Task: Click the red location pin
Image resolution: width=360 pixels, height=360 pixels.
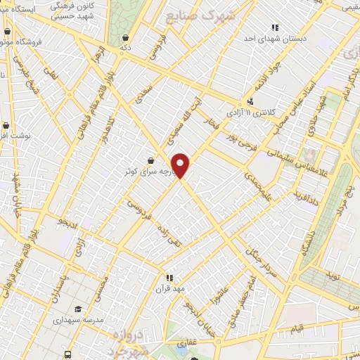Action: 181,165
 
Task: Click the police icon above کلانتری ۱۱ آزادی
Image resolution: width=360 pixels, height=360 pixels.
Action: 250,101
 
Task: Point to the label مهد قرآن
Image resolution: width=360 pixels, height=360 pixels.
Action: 169,288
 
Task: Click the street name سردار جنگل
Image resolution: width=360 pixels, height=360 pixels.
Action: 258,260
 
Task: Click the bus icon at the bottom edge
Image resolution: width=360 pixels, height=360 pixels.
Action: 68,354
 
